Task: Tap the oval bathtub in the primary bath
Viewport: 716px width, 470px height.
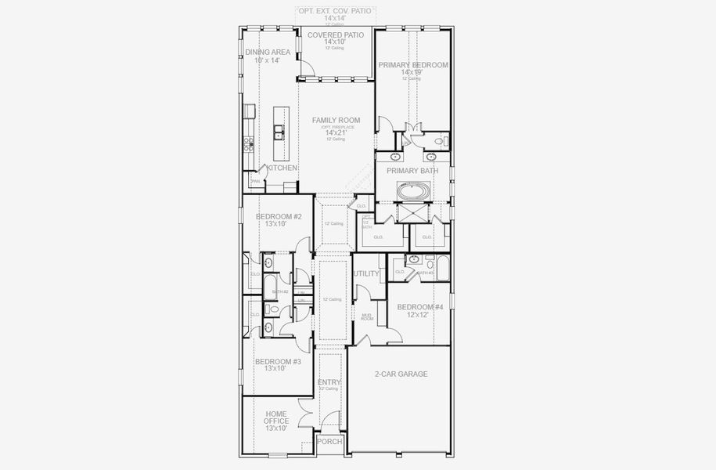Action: pos(413,190)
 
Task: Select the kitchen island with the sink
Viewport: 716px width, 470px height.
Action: pos(278,133)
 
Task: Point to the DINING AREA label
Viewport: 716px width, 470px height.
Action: pos(268,52)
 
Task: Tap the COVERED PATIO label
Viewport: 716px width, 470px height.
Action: pos(334,35)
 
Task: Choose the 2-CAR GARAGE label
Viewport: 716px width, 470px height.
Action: pos(401,374)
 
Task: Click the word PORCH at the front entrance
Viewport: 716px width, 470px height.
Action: pos(329,442)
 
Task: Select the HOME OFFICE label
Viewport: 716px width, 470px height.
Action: pos(276,418)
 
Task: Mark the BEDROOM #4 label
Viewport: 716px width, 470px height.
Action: pos(420,307)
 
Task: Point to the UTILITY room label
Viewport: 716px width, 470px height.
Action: pos(366,274)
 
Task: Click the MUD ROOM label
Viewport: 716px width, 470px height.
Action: pos(366,317)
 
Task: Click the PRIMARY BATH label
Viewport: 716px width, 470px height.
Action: pos(412,171)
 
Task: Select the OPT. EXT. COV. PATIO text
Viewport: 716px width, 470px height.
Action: pos(334,11)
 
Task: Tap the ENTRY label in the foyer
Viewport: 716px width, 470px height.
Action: pos(329,382)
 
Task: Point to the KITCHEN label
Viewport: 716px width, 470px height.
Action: pos(282,168)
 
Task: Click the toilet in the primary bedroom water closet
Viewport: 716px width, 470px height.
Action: pos(444,142)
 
